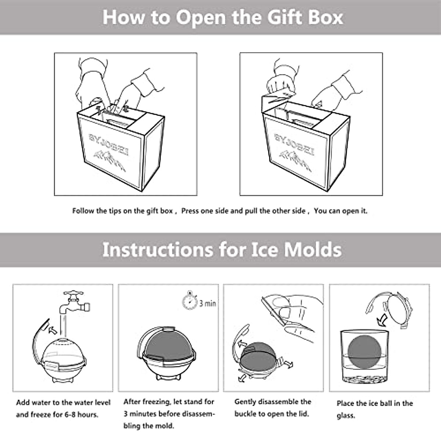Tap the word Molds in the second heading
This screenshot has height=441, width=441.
click(x=313, y=249)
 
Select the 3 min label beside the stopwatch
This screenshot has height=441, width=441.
click(x=208, y=303)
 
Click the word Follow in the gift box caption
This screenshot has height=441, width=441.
click(x=83, y=211)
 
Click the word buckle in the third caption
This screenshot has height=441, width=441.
click(x=246, y=414)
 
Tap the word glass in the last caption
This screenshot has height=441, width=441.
click(x=346, y=416)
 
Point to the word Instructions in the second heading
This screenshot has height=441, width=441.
click(x=158, y=249)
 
